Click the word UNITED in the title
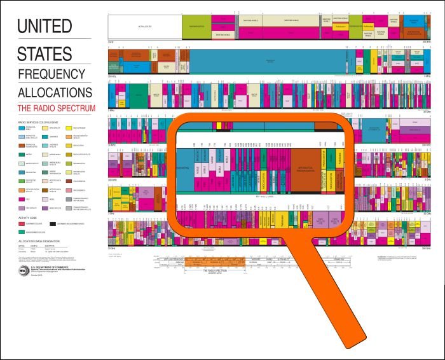tap(44, 27)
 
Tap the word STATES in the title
tap(44, 52)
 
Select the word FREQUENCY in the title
tap(51, 74)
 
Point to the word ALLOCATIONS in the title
tap(56, 92)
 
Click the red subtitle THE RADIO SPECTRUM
tap(56, 108)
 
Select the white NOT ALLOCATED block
tap(145, 27)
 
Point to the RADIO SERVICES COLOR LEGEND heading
tap(41, 121)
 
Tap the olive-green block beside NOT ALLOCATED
tap(197, 27)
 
